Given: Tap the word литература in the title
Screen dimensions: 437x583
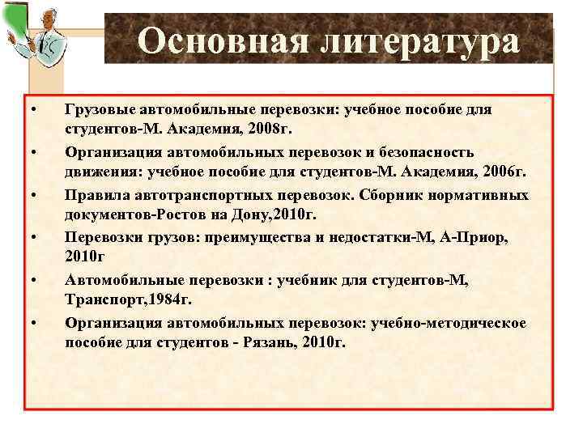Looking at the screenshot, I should (x=418, y=41).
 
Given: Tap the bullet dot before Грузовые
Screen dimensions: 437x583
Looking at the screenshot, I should (x=34, y=109).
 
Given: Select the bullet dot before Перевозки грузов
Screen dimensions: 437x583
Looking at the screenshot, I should (x=34, y=239).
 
